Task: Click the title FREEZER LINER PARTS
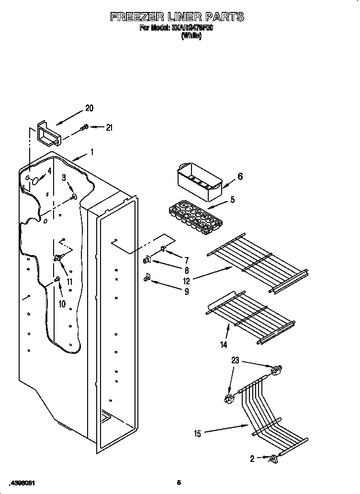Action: (177, 17)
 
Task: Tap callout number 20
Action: (90, 108)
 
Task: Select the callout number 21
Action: (109, 127)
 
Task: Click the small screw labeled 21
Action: (85, 127)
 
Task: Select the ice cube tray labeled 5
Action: (196, 216)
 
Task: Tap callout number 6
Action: (240, 177)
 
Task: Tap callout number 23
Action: (235, 360)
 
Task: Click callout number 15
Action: (197, 434)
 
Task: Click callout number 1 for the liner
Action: (92, 153)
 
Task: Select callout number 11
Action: (70, 282)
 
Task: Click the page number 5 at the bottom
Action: (178, 482)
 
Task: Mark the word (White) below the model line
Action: (191, 36)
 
